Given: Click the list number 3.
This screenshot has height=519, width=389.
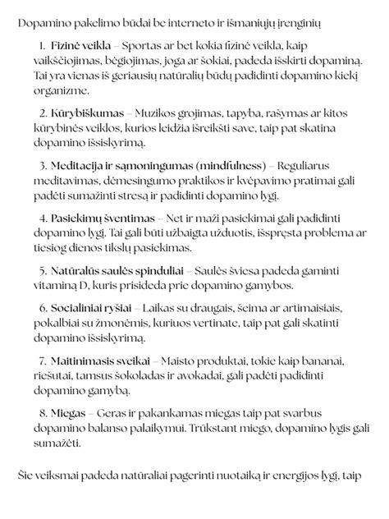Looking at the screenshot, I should pyautogui.click(x=42, y=164).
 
